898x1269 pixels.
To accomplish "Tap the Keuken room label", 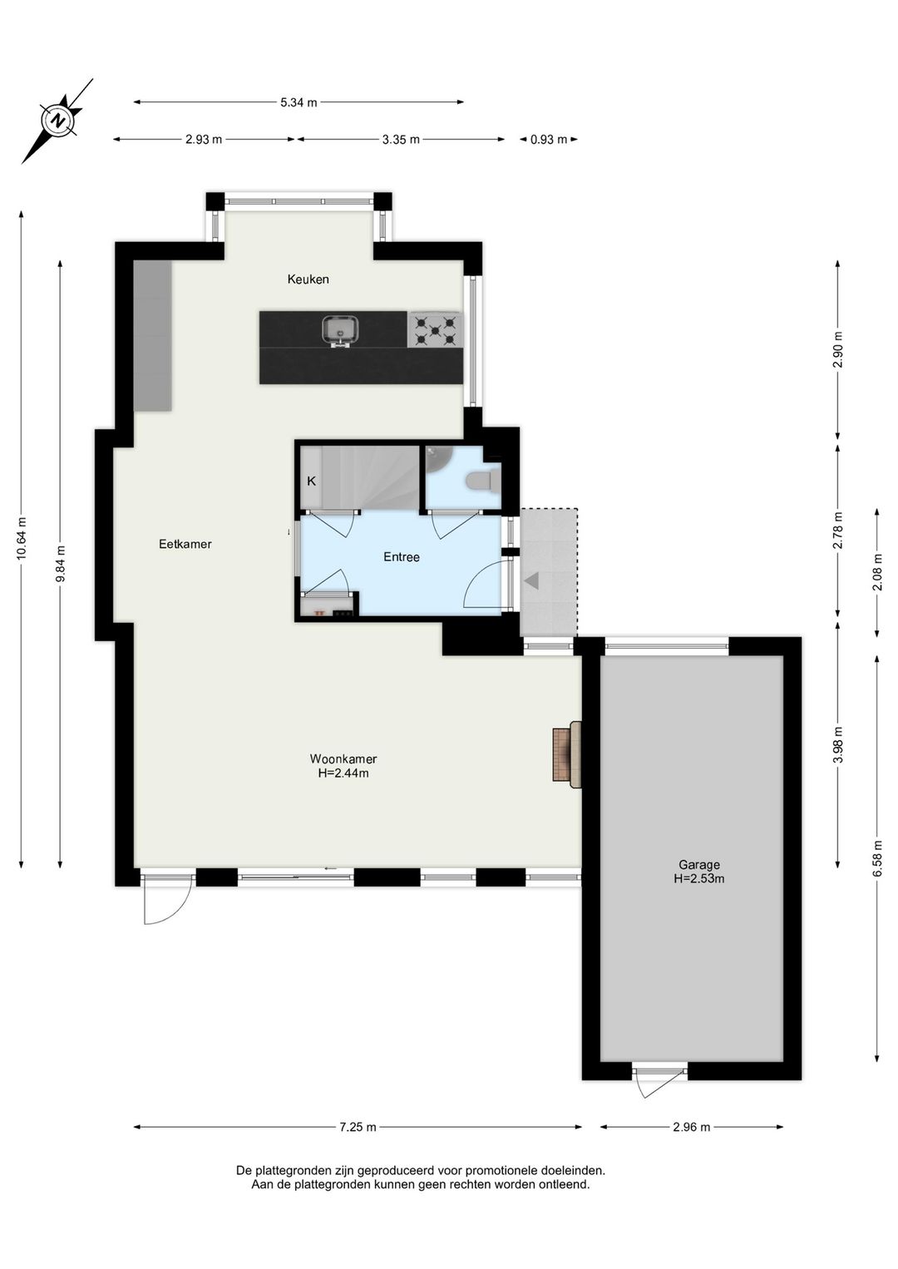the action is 308,279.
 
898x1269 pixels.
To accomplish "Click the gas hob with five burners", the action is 435,330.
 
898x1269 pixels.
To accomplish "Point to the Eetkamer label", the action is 185,544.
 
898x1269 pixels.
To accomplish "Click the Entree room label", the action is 401,557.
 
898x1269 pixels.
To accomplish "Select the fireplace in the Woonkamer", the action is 567,754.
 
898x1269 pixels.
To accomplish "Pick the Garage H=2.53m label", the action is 699,872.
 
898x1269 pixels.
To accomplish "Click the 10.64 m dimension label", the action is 22,538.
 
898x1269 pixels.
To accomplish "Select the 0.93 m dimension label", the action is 549,140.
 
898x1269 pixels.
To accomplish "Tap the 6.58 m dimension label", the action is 877,857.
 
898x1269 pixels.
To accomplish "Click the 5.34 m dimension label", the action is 299,102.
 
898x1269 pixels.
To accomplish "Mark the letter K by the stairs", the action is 311,481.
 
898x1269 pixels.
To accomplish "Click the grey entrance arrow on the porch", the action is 531,580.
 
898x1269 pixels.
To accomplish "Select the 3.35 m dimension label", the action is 401,140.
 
